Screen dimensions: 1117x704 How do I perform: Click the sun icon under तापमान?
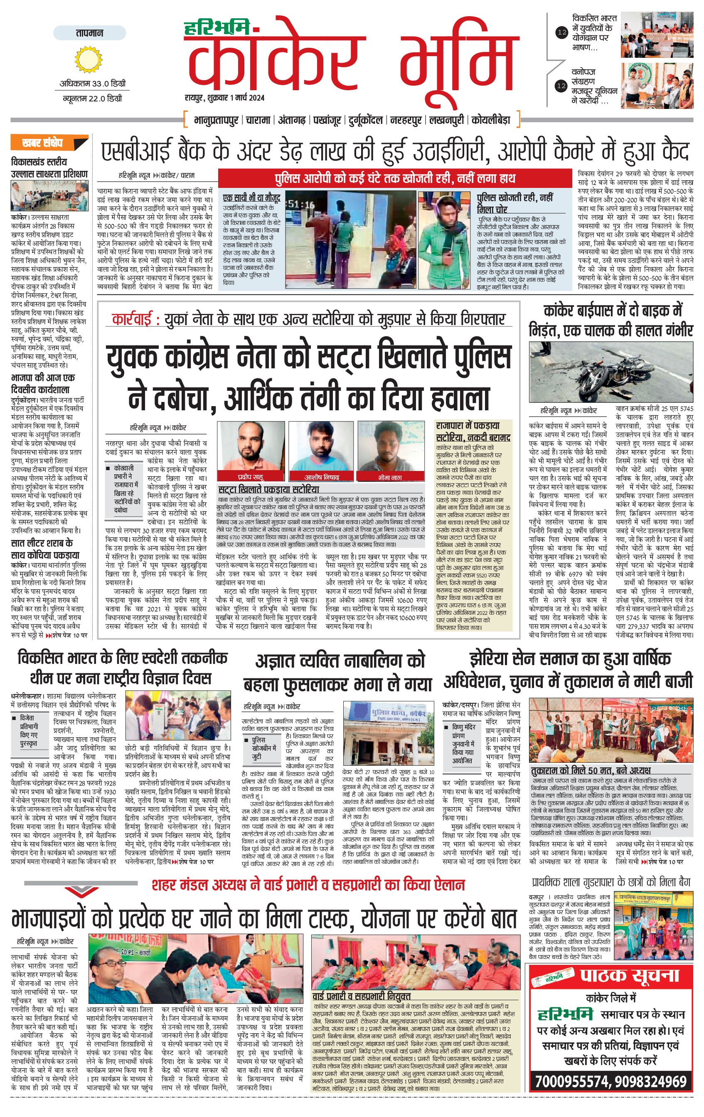click(x=88, y=59)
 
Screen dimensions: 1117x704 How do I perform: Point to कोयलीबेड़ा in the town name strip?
click(x=491, y=120)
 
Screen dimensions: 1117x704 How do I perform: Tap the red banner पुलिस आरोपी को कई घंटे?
click(x=394, y=178)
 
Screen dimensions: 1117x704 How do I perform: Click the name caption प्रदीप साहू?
click(x=251, y=477)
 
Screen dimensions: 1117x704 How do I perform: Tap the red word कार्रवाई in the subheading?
click(x=132, y=320)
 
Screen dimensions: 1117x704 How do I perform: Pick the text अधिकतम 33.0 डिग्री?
click(x=92, y=84)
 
